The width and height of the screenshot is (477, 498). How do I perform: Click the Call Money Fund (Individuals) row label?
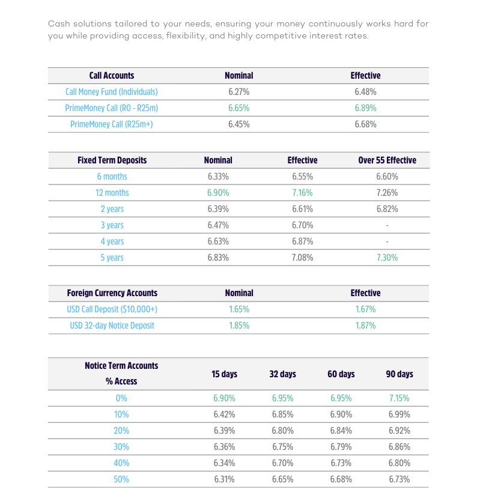click(x=112, y=92)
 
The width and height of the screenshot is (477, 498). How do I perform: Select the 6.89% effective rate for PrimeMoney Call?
click(x=365, y=108)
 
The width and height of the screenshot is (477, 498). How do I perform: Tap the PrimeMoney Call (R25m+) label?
click(x=112, y=124)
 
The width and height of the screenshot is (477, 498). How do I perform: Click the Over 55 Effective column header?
click(x=387, y=160)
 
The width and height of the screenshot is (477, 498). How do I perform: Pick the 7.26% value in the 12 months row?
click(x=387, y=193)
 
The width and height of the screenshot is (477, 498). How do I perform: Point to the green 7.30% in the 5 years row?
click(x=387, y=258)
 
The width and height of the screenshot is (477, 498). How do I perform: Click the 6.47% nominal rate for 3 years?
click(x=218, y=225)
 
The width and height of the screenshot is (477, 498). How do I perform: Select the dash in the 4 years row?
click(x=387, y=241)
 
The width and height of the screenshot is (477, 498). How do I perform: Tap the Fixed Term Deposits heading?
click(x=112, y=160)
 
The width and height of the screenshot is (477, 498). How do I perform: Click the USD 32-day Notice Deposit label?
click(x=112, y=326)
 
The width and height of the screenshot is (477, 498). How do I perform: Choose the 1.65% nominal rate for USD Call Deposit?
click(x=239, y=309)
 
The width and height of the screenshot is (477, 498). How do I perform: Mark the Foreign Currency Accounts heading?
click(x=112, y=293)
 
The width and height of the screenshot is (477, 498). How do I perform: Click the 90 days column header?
click(x=400, y=374)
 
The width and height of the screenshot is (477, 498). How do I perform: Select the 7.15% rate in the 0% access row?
click(x=400, y=398)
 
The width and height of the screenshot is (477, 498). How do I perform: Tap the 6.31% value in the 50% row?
click(x=224, y=479)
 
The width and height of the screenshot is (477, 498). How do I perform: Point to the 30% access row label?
click(x=121, y=447)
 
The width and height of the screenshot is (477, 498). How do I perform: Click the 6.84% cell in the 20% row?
click(x=341, y=431)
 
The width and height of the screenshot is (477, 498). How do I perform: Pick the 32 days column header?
click(x=282, y=374)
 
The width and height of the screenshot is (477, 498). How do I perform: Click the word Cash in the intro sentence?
click(x=59, y=24)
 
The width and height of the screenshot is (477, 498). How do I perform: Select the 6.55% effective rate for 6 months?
click(x=303, y=177)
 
